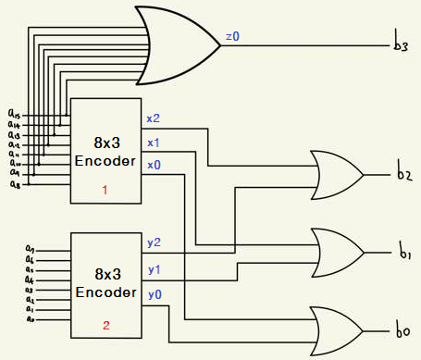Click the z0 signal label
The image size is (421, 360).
(x=232, y=37)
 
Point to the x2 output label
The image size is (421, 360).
(x=153, y=118)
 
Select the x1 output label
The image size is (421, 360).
(x=153, y=143)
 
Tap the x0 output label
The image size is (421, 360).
(x=153, y=166)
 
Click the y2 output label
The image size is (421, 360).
(x=155, y=243)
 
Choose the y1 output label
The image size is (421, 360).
(x=155, y=269)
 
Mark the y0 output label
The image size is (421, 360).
(x=155, y=294)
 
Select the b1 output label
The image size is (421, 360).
(x=403, y=252)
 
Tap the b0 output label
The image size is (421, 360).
(x=403, y=330)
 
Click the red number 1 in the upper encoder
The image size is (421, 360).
(x=105, y=190)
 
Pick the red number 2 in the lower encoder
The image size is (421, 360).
(x=105, y=326)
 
